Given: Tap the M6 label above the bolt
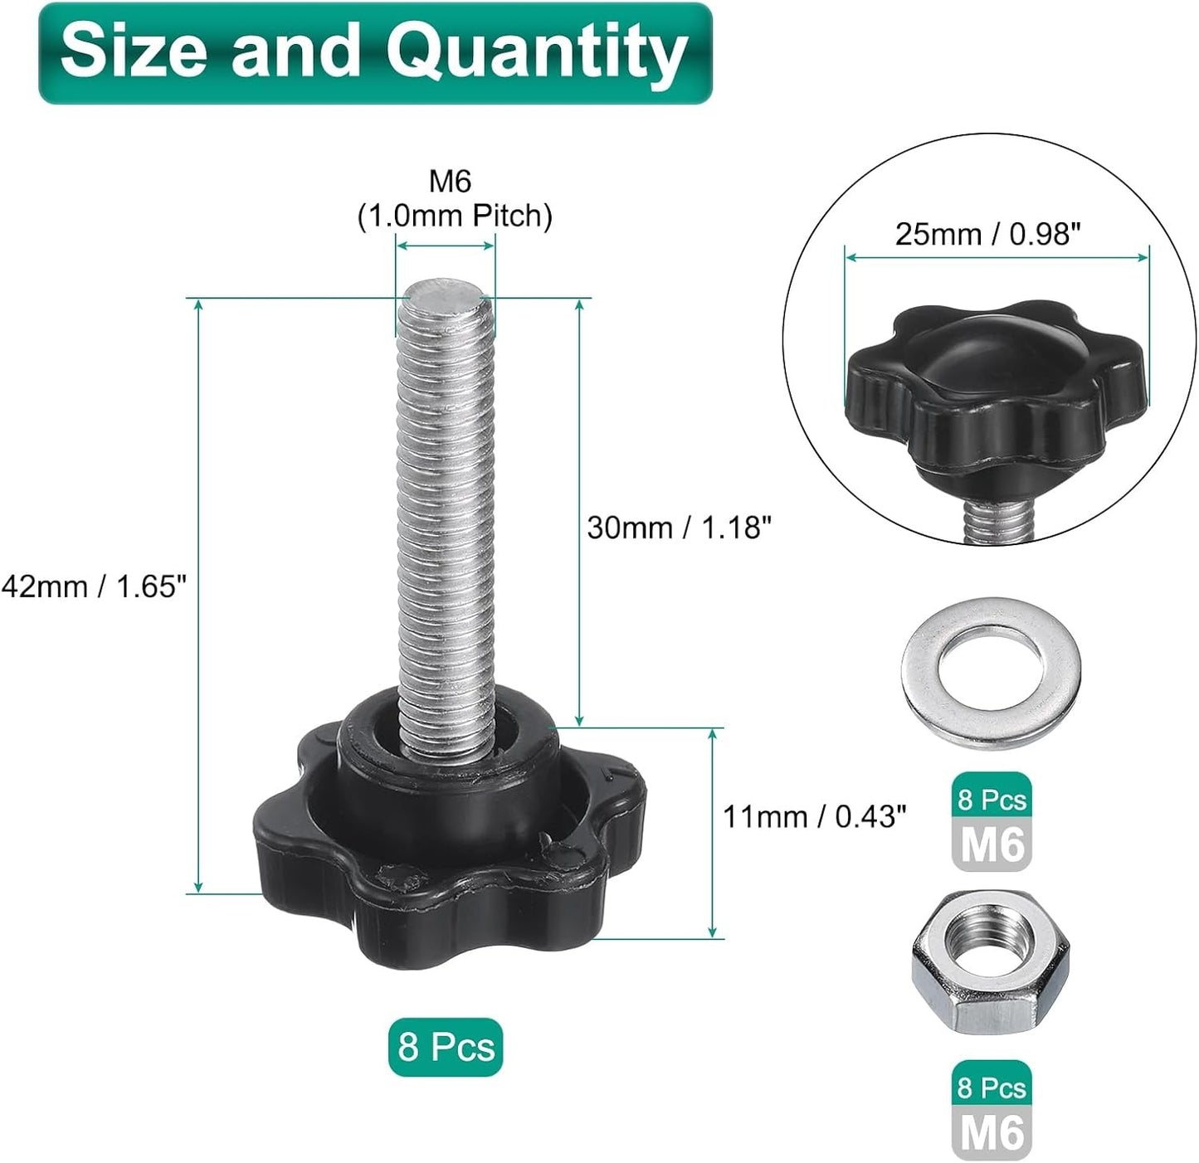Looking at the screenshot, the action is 450,182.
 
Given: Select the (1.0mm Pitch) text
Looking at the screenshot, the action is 455,216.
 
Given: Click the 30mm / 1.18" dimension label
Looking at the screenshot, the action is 679,528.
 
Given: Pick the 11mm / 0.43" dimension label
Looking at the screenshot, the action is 815,817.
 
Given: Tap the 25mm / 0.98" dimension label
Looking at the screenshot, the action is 987,234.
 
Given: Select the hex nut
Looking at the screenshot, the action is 990,964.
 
